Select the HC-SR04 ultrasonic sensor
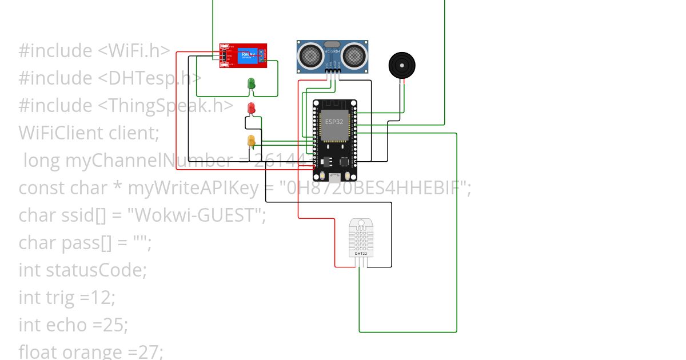click(332, 57)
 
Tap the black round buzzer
click(402, 66)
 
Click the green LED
click(251, 83)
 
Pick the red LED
click(251, 108)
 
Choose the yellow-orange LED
click(251, 141)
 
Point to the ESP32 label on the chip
click(334, 122)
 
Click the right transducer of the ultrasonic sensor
click(354, 55)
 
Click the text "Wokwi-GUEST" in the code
click(197, 215)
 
